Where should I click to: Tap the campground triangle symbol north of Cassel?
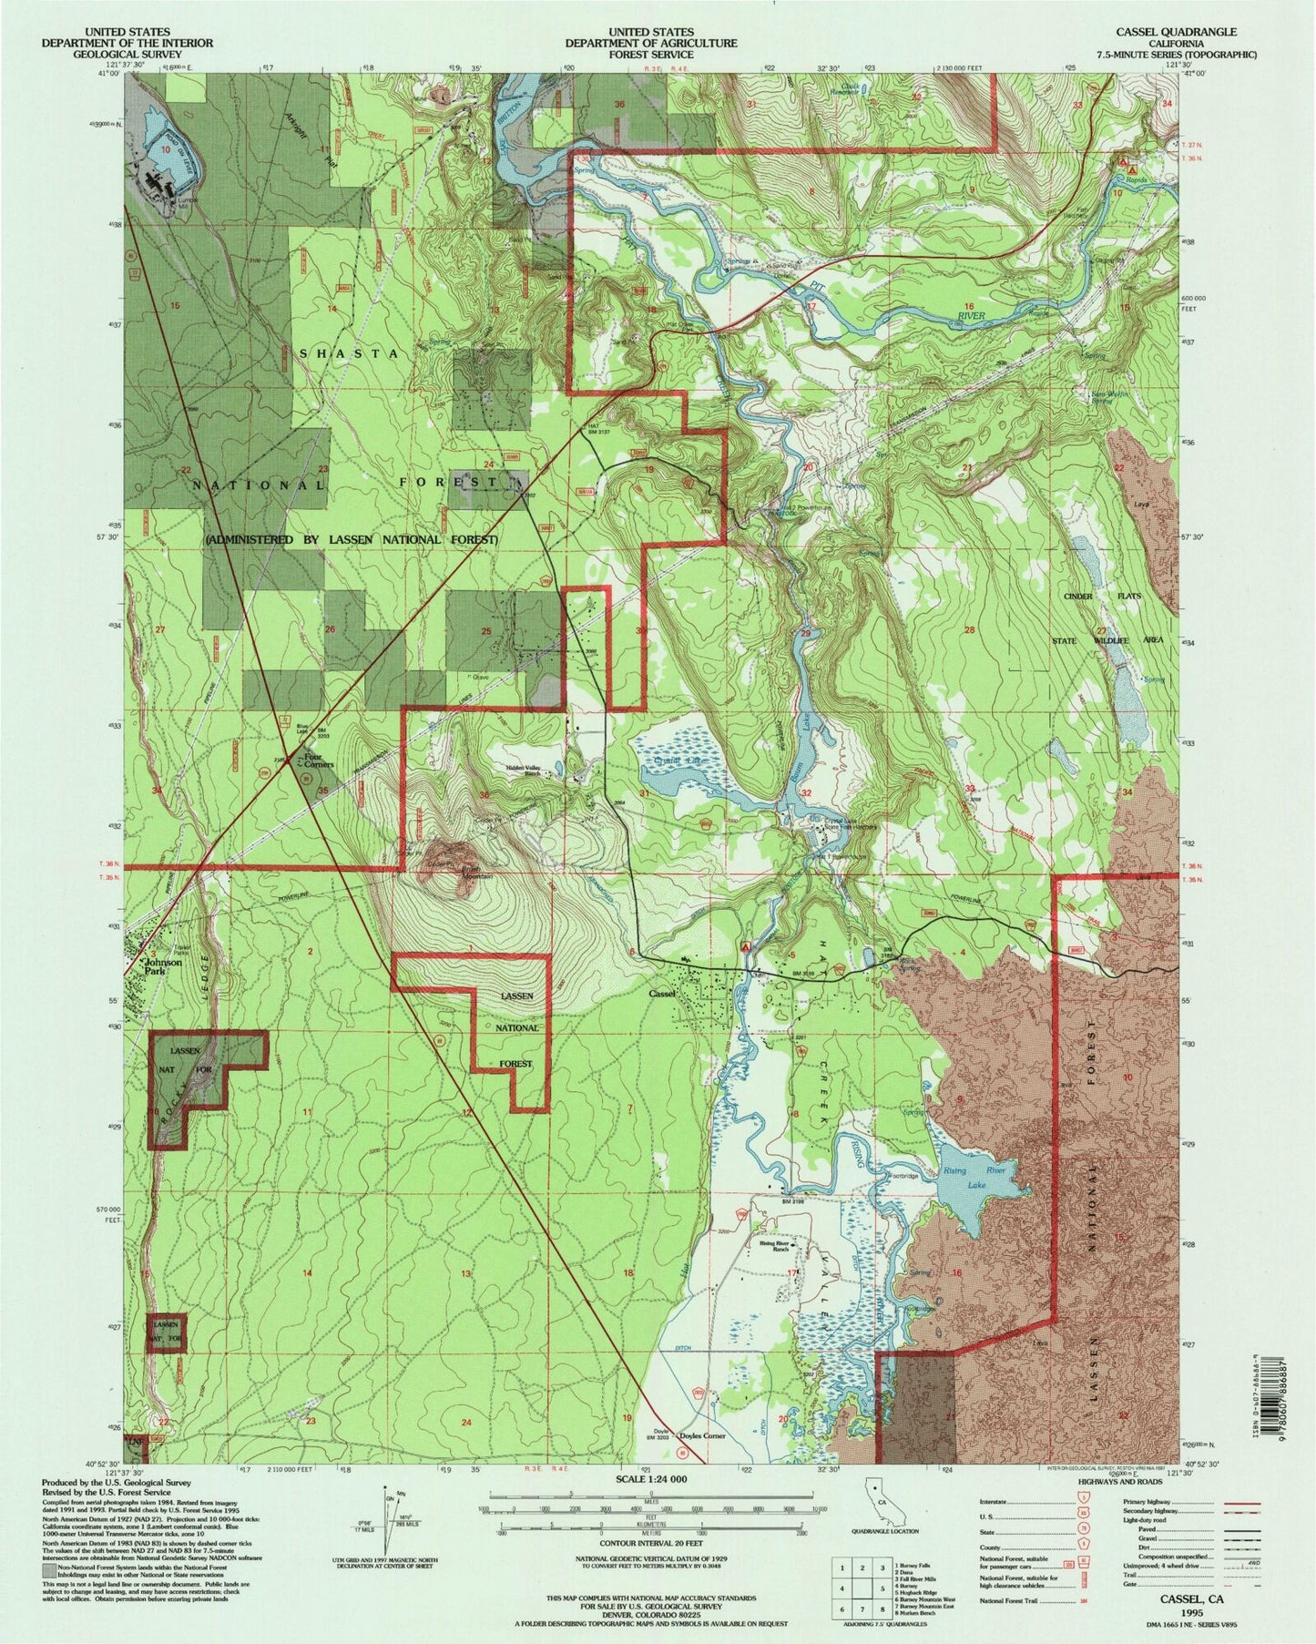pyautogui.click(x=748, y=946)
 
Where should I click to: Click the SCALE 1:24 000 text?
pyautogui.click(x=658, y=1480)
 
